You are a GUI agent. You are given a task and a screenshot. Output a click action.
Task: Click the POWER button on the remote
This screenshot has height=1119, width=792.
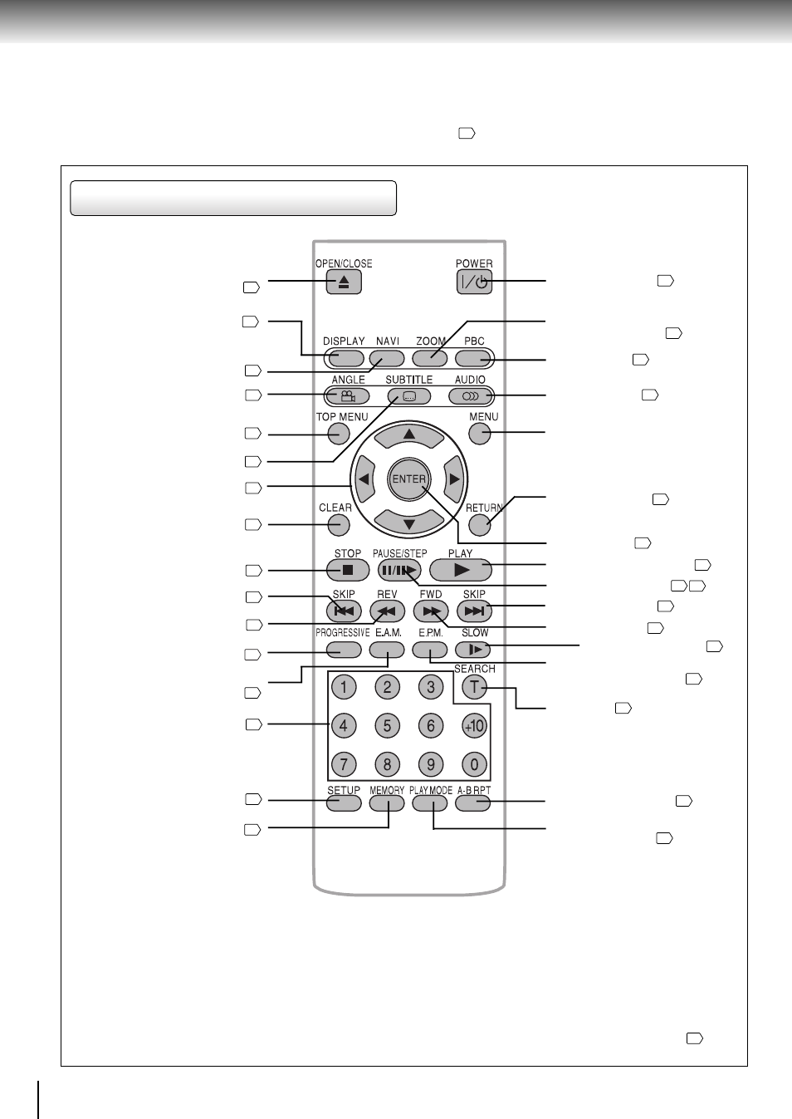pos(474,282)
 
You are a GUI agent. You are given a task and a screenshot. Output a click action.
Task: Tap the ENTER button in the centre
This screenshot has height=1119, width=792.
pos(409,479)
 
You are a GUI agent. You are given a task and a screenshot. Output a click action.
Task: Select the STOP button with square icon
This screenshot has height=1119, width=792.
pos(348,570)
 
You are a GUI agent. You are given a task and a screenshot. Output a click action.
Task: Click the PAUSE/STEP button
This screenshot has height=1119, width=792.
pos(399,570)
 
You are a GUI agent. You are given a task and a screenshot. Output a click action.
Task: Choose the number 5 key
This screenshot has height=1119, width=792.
pos(387,726)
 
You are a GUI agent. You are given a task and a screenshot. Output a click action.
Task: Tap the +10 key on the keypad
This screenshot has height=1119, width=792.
pos(474,726)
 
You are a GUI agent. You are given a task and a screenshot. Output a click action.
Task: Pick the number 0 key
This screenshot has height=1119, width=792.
pos(474,764)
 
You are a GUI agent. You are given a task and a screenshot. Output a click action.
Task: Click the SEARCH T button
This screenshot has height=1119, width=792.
pos(474,687)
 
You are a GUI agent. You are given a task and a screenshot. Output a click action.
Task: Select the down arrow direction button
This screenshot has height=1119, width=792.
pos(409,523)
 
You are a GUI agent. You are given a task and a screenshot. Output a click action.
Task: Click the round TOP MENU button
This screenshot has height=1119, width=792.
pos(339,434)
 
